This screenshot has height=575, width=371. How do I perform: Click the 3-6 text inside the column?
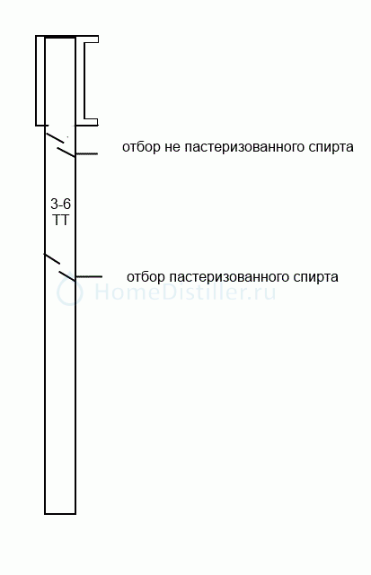click(x=60, y=204)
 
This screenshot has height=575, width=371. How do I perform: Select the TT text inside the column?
click(x=60, y=221)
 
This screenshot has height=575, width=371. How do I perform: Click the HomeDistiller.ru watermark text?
click(x=185, y=292)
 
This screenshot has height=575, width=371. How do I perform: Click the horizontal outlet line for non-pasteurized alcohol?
click(x=86, y=153)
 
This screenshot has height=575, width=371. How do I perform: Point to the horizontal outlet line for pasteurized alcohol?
click(x=89, y=276)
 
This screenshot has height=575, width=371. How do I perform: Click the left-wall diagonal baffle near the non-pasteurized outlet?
click(x=55, y=138)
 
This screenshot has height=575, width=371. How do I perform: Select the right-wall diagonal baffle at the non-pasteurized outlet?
click(x=66, y=152)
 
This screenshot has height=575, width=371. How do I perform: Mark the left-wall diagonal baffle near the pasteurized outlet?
click(x=52, y=258)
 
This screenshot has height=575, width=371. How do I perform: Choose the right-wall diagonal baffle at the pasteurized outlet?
click(x=67, y=276)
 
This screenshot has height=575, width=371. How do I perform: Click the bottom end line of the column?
click(x=60, y=513)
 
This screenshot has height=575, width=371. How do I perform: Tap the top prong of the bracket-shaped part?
click(x=91, y=43)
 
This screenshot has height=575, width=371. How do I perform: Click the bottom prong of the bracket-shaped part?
click(x=91, y=119)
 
